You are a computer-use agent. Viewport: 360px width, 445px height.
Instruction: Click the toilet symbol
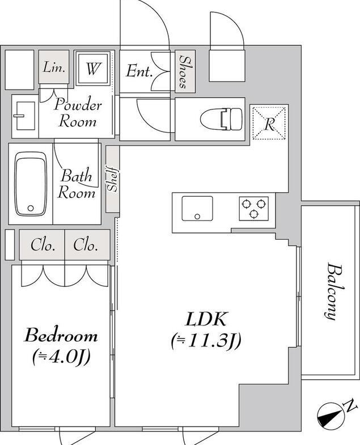coord(221,119)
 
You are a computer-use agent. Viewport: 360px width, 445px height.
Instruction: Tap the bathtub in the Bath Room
coord(31,184)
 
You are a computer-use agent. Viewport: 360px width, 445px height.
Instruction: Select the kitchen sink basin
coord(197,208)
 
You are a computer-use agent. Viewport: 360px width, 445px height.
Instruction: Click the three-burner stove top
coord(253,209)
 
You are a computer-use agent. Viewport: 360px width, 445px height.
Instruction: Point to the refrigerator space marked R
coord(269,122)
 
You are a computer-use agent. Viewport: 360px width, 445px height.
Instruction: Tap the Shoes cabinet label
coord(185,71)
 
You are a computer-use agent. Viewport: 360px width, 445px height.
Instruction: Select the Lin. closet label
coord(54,68)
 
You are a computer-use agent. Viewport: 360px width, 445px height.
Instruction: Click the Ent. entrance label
coord(139,71)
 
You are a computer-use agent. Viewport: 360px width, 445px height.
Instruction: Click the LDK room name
coord(206,319)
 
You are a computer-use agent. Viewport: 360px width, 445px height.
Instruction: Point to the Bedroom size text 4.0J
coord(61,357)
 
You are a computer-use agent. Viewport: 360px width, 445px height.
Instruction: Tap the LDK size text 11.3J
coord(206,340)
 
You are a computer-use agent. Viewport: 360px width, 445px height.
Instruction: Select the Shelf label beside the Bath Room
coord(112,179)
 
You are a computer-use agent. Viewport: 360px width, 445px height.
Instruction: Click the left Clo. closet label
coord(43,245)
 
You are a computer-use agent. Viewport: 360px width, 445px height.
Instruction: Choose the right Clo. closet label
coord(86,245)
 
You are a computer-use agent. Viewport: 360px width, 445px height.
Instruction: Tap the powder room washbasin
coord(25,116)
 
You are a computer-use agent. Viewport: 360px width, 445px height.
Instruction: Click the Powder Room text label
coord(78,113)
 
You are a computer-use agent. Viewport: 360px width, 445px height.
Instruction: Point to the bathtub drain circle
coord(31,208)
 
